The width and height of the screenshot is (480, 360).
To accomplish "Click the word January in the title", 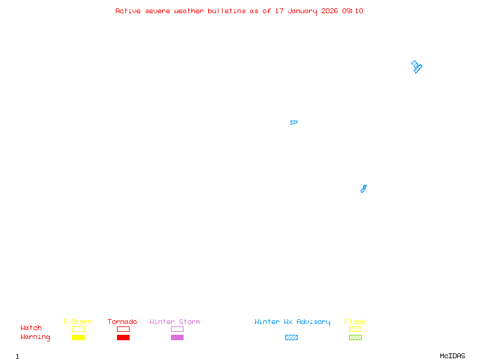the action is (x=302, y=11).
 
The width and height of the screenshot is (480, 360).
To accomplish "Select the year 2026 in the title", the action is (x=329, y=11).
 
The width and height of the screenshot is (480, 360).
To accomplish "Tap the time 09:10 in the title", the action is (x=353, y=11).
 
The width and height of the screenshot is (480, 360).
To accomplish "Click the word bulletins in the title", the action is (x=227, y=11).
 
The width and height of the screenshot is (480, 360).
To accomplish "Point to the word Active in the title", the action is (x=128, y=11).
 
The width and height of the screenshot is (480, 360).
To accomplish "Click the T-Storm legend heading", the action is (x=77, y=322).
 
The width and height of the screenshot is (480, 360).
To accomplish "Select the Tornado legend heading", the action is (x=122, y=322).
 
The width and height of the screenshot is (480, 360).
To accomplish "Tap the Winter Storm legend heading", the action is (x=175, y=322).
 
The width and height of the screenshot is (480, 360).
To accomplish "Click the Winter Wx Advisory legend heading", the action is (x=292, y=322).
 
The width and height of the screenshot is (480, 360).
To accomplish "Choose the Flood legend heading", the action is (x=355, y=322).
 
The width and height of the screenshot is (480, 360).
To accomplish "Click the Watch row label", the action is (x=31, y=328).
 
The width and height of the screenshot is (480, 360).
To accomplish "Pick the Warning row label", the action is (x=35, y=337).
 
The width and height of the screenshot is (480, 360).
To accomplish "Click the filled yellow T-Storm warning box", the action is (x=79, y=337).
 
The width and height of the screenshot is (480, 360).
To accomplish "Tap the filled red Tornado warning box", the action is (x=124, y=337).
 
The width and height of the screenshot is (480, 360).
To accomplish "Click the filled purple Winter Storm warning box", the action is (x=177, y=337).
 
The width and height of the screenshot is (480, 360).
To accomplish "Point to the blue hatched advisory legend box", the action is (x=291, y=337).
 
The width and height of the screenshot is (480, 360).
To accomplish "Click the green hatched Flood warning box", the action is (x=355, y=337).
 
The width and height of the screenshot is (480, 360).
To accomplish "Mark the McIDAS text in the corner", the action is (x=452, y=356).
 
